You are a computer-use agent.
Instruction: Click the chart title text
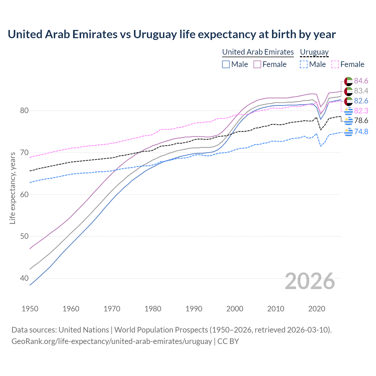pos(172,34)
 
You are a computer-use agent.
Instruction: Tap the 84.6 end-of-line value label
pos(361,81)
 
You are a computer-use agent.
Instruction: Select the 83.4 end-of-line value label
pos(361,91)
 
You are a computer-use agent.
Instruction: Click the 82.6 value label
pos(361,101)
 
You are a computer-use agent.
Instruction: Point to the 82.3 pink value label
pos(361,111)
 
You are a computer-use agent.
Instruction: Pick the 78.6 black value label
pos(361,120)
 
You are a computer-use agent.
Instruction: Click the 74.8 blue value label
pos(361,132)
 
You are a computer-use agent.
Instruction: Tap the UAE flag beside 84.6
pos(348,81)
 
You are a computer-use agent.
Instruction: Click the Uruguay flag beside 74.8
pos(348,132)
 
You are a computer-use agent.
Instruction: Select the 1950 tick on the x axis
pos(30,309)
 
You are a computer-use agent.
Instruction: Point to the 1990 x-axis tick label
pos(194,309)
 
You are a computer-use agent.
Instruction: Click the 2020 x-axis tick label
pos(317,309)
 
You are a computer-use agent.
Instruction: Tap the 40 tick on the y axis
pos(24,278)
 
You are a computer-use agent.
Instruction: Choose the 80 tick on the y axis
pos(24,111)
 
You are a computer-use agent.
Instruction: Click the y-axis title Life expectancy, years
pos(12,188)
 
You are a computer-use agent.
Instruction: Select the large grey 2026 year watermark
pos(310,281)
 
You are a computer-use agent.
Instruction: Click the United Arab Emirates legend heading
pos(258,52)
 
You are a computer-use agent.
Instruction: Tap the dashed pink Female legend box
pos(335,64)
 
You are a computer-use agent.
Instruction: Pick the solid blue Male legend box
pos(226,64)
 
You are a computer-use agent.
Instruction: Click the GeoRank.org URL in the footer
pos(112,341)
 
